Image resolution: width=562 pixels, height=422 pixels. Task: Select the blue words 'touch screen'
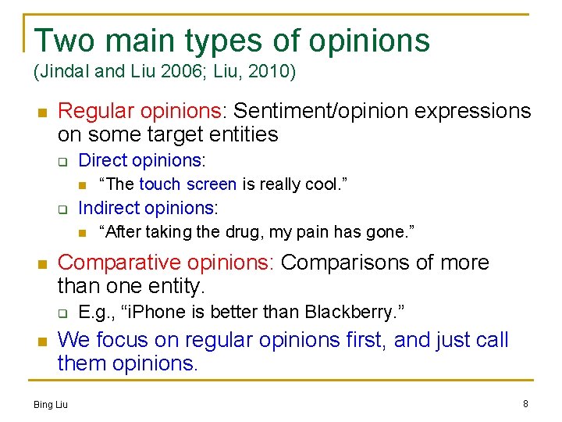pyautogui.click(x=187, y=184)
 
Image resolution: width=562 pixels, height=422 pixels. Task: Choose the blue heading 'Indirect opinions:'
pyautogui.click(x=148, y=208)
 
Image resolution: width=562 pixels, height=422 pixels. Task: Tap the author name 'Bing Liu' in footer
pyautogui.click(x=51, y=404)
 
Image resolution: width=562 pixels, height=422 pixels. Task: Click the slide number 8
pyautogui.click(x=525, y=403)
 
